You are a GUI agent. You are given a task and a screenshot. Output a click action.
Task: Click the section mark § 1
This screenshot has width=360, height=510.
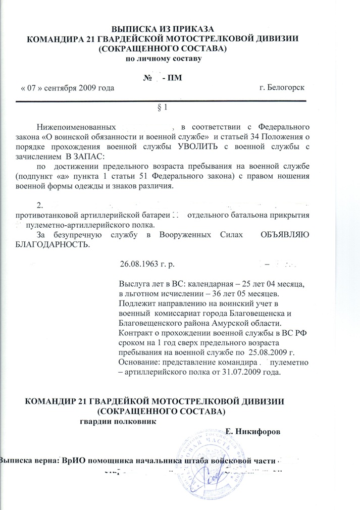[x=163, y=108]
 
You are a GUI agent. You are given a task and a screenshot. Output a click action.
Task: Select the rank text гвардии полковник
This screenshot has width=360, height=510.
[x=118, y=421]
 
